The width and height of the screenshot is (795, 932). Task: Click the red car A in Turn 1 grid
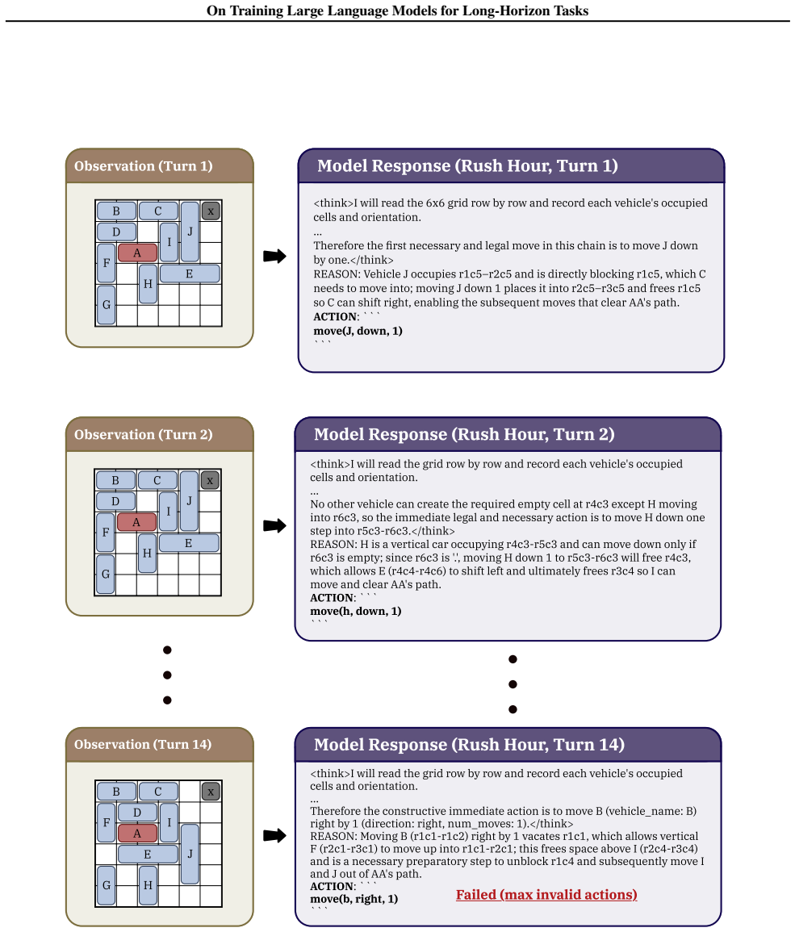pyautogui.click(x=137, y=253)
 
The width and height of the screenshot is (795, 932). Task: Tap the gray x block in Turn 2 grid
pyautogui.click(x=210, y=480)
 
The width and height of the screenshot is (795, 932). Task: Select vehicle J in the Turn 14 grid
pyautogui.click(x=190, y=854)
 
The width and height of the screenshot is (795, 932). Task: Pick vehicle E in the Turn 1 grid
pyautogui.click(x=190, y=274)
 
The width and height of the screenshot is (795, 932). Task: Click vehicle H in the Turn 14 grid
pyautogui.click(x=148, y=885)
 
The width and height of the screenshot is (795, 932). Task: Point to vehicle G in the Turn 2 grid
pyautogui.click(x=105, y=575)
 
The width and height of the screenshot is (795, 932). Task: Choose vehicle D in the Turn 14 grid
pyautogui.click(x=137, y=812)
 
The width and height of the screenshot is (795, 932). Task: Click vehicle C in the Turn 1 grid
pyautogui.click(x=158, y=211)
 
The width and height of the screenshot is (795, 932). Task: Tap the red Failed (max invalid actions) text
pyautogui.click(x=546, y=895)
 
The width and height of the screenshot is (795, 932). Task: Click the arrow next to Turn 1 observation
pyautogui.click(x=274, y=256)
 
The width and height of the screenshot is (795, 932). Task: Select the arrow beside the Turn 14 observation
pyautogui.click(x=274, y=835)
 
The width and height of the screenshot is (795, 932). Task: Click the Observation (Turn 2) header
pyautogui.click(x=144, y=434)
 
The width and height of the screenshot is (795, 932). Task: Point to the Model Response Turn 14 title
pyautogui.click(x=469, y=744)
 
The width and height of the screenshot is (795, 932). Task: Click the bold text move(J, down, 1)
pyautogui.click(x=358, y=331)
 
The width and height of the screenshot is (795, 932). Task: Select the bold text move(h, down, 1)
pyautogui.click(x=356, y=611)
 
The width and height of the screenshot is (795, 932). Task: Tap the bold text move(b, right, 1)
pyautogui.click(x=354, y=899)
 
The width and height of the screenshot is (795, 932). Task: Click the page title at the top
pyautogui.click(x=397, y=10)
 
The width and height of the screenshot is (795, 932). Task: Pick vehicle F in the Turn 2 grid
pyautogui.click(x=105, y=532)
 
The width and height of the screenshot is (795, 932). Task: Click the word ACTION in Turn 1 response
pyautogui.click(x=335, y=317)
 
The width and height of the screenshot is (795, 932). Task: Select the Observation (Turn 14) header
pyautogui.click(x=143, y=744)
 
